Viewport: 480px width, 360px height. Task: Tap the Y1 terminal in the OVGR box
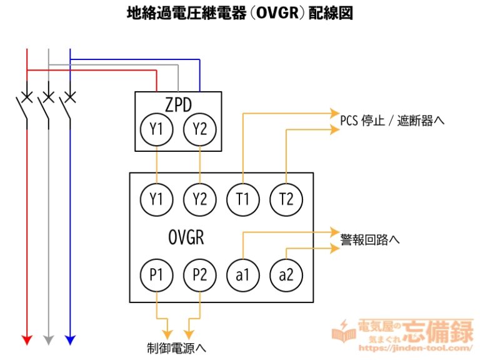pyautogui.click(x=156, y=199)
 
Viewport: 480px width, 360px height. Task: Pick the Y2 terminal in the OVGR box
pyautogui.click(x=199, y=199)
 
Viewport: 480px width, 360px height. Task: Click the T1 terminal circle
pyautogui.click(x=242, y=199)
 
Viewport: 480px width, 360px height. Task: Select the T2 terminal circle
pyautogui.click(x=286, y=199)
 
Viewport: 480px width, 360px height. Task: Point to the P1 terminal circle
pyautogui.click(x=156, y=275)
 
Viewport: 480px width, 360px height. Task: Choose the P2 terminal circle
pyautogui.click(x=199, y=275)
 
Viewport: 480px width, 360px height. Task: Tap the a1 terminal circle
pyautogui.click(x=242, y=275)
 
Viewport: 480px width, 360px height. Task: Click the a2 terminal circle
pyautogui.click(x=286, y=275)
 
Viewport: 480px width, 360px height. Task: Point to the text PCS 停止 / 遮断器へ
pyautogui.click(x=392, y=120)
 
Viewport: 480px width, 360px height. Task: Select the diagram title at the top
pyautogui.click(x=240, y=13)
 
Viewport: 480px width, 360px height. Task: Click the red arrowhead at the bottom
pyautogui.click(x=27, y=339)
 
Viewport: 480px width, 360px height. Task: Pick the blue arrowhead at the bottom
pyautogui.click(x=70, y=339)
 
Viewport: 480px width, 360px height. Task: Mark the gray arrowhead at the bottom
pyautogui.click(x=49, y=339)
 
